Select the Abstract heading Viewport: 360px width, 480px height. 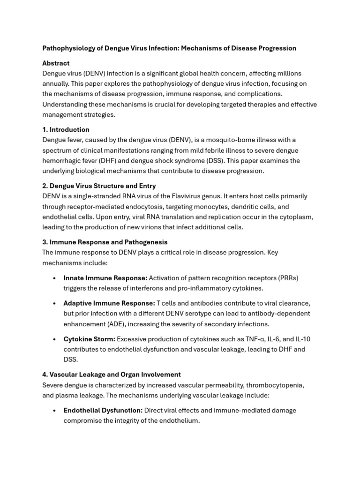(x=56, y=63)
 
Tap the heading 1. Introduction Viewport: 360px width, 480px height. (x=66, y=130)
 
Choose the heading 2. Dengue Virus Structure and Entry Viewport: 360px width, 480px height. (x=99, y=186)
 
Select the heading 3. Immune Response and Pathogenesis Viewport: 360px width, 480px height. (x=105, y=242)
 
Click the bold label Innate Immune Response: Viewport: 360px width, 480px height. (x=105, y=278)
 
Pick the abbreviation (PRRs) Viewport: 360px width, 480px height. (x=286, y=278)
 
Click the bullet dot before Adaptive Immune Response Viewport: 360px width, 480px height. (x=55, y=304)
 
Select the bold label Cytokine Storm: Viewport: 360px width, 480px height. (x=89, y=339)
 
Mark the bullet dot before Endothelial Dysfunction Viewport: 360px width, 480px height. (x=55, y=411)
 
